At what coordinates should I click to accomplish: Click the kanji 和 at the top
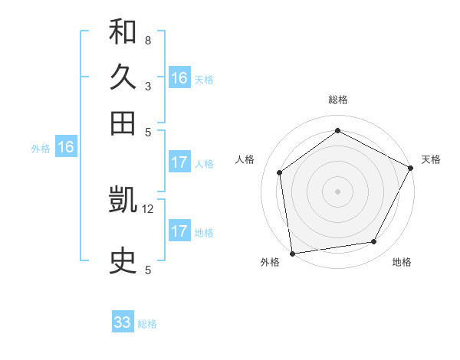[x=123, y=32]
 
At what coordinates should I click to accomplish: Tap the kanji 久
[x=123, y=77]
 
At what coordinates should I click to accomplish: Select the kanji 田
[x=123, y=123]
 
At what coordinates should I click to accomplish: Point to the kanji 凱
[x=123, y=201]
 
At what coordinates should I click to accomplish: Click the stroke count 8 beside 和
[x=147, y=40]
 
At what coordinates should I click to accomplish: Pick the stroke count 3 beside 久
[x=147, y=86]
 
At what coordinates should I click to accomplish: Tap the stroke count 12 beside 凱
[x=148, y=208]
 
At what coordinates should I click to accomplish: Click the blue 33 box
[x=123, y=322]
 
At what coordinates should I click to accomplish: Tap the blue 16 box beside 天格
[x=179, y=78]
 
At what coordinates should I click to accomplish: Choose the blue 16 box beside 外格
[x=66, y=148]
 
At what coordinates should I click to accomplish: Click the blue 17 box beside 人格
[x=179, y=162]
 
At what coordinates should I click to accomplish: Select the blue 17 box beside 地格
[x=179, y=231]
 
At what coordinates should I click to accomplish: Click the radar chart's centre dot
[x=337, y=191]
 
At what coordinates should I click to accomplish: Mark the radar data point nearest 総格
[x=337, y=130]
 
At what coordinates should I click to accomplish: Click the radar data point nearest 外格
[x=292, y=253]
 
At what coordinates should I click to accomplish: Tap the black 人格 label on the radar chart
[x=245, y=159]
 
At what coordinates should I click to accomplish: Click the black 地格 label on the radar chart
[x=402, y=262]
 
